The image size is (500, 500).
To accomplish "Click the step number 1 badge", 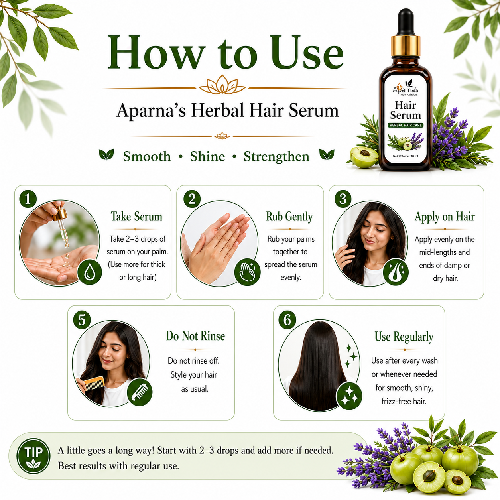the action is tap(28, 199).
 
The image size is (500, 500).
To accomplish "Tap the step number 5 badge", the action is tap(82, 320).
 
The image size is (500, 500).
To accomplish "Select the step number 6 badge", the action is tap(287, 320).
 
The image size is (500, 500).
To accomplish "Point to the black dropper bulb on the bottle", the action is tap(406, 22).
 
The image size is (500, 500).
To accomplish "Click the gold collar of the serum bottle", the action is tap(406, 46).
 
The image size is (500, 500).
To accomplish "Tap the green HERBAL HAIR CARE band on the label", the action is tap(406, 125).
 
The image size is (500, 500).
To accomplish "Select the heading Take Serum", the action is tap(136, 217).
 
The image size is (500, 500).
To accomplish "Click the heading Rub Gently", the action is tap(289, 217).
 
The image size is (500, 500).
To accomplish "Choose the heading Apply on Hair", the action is tap(445, 217).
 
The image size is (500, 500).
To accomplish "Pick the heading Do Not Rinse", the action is tap(195, 336).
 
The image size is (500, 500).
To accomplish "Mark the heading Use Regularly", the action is tap(404, 337).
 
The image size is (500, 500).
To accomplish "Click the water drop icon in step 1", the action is tap(90, 273).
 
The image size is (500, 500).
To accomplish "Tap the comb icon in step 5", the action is tap(140, 392).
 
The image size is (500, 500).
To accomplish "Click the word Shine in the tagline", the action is tap(207, 156).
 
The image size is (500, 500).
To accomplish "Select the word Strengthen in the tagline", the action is tap(276, 157).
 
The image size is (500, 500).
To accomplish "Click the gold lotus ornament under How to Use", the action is tap(222, 85).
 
